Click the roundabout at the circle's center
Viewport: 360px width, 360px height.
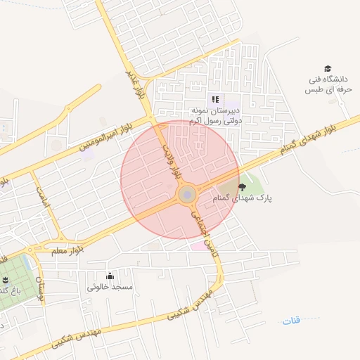[x=187, y=195]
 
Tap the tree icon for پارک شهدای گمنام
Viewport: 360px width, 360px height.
[x=243, y=187]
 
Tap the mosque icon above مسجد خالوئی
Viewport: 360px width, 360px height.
[x=109, y=276]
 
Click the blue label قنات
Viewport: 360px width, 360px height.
[x=290, y=321]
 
